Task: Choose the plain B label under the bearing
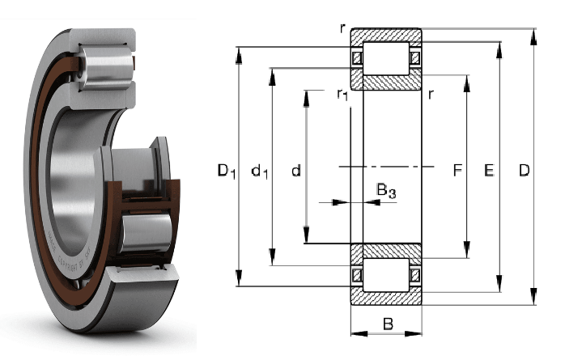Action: coord(387,325)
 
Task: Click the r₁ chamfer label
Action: coord(342,95)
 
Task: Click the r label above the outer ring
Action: coord(344,28)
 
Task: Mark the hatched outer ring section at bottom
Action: coord(386,296)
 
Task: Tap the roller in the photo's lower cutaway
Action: coord(146,231)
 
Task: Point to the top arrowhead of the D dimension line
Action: coord(535,32)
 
